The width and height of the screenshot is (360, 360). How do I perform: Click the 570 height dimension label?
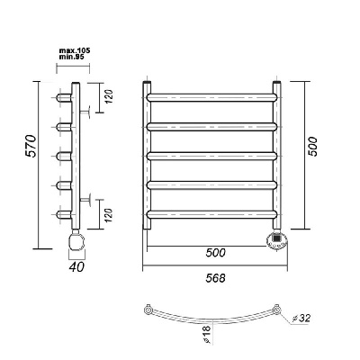click(x=31, y=146)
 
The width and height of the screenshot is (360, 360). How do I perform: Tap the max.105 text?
click(x=75, y=50)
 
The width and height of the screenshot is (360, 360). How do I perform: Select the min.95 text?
click(x=70, y=56)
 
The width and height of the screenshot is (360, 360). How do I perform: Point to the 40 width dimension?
click(x=76, y=266)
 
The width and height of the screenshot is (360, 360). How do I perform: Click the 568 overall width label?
click(x=215, y=278)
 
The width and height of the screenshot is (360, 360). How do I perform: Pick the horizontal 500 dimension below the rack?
click(x=215, y=253)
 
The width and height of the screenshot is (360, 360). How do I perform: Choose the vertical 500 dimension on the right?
click(x=313, y=146)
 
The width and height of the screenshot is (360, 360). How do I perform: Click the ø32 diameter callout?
click(x=301, y=318)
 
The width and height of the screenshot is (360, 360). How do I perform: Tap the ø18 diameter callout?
click(x=208, y=334)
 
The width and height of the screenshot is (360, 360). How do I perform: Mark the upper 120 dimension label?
click(x=109, y=96)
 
